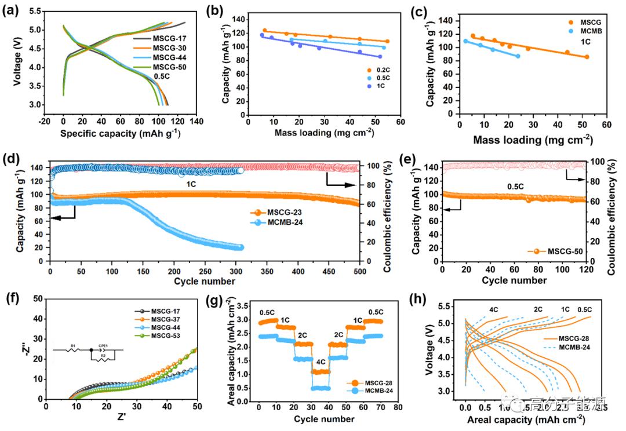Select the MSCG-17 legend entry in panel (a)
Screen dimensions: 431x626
pyautogui.click(x=169, y=39)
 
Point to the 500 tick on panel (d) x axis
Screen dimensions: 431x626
pyautogui.click(x=359, y=271)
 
